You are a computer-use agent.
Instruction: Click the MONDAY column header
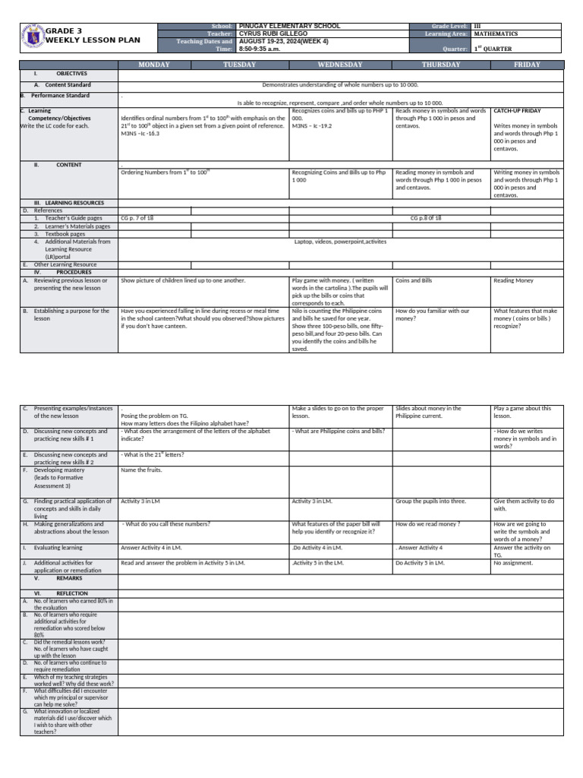tap(153, 65)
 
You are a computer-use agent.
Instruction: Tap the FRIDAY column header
tap(527, 65)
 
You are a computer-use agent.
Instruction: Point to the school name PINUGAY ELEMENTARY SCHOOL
tap(279, 26)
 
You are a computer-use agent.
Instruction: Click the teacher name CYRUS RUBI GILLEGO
tap(273, 33)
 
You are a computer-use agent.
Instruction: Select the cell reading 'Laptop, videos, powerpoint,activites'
tap(340, 242)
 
